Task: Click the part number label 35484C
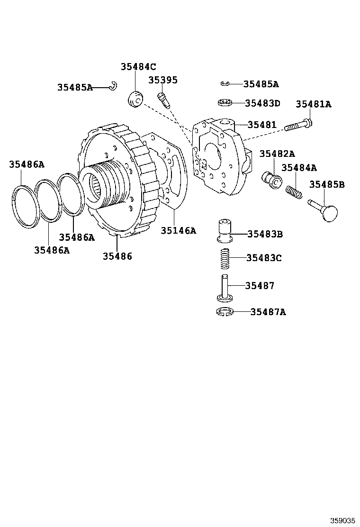click(138, 67)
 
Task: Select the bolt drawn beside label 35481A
click(298, 125)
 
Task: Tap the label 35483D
click(263, 103)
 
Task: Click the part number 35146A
click(178, 230)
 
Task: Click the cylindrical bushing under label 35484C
click(136, 99)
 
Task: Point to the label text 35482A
click(277, 154)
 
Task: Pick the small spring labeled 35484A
click(294, 192)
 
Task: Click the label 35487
click(260, 286)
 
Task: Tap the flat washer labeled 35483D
click(225, 102)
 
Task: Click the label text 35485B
click(327, 184)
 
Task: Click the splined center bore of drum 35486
click(96, 187)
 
